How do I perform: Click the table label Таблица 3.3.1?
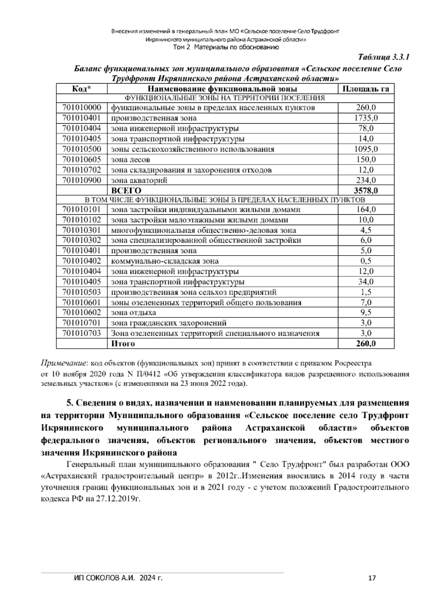click(x=383, y=57)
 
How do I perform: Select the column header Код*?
click(x=82, y=89)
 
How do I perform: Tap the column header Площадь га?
click(x=366, y=89)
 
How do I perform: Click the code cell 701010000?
click(x=82, y=108)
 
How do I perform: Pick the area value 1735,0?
click(x=366, y=118)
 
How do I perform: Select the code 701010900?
click(x=82, y=180)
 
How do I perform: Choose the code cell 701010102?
click(x=82, y=220)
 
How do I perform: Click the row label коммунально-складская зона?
click(x=165, y=261)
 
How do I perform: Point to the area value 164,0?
click(x=366, y=209)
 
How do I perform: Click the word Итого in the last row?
click(x=123, y=344)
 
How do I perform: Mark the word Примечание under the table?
click(x=63, y=363)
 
